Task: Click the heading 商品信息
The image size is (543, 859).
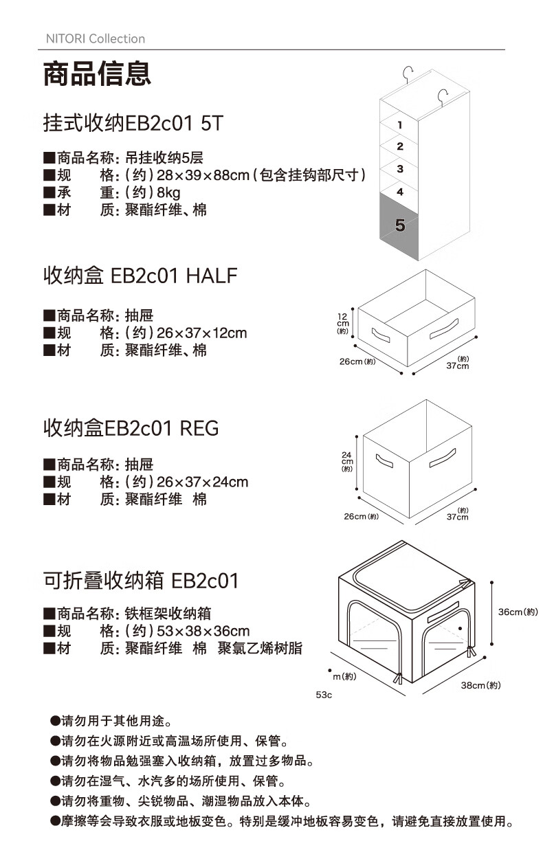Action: click(97, 74)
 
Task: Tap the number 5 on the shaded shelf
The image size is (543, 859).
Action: click(400, 225)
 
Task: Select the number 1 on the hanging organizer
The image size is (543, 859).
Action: click(399, 125)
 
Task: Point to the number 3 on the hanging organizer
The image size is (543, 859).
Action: click(399, 169)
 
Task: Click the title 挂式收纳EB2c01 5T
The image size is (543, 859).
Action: click(133, 124)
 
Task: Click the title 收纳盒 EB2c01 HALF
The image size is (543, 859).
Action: click(140, 276)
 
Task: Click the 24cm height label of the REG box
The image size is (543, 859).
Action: click(346, 461)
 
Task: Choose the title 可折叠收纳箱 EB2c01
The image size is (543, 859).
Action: click(141, 581)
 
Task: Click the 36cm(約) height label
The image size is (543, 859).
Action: click(518, 612)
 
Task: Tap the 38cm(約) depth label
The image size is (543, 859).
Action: click(480, 685)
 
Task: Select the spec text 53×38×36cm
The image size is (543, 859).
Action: click(203, 631)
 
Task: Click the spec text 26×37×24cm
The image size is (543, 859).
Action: click(202, 482)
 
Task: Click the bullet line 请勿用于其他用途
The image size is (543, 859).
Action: click(115, 722)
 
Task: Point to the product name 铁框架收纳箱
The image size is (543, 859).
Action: click(168, 613)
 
